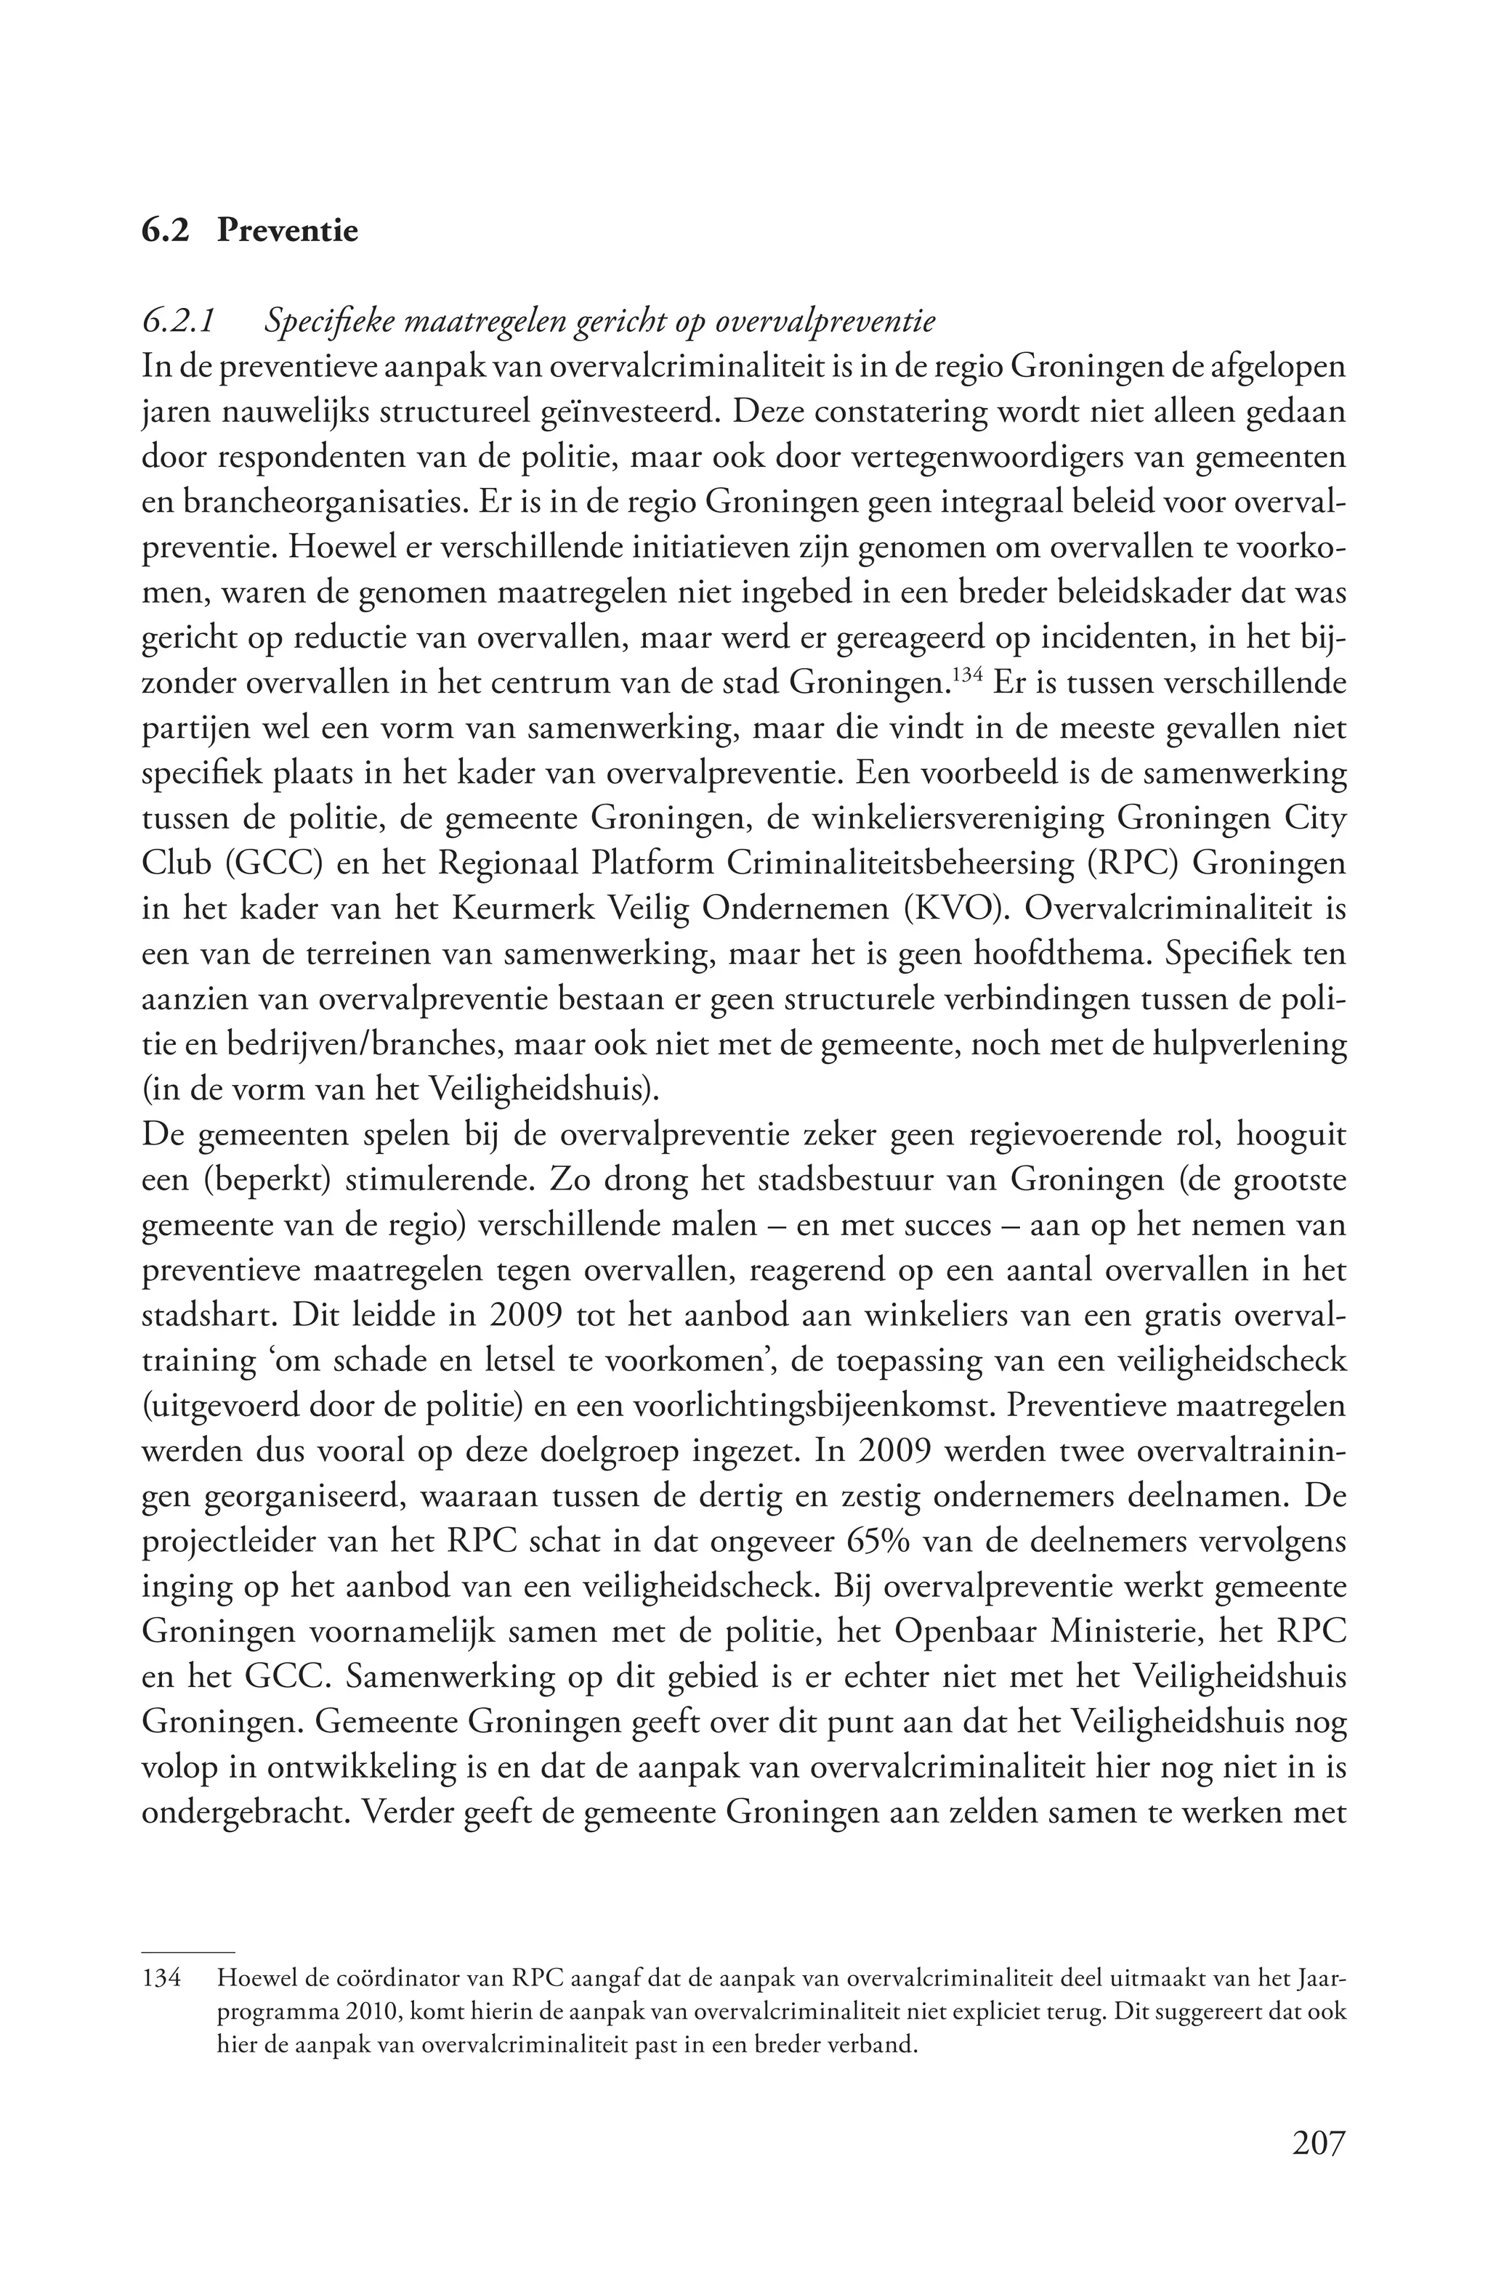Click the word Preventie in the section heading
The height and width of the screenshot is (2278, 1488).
point(287,231)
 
